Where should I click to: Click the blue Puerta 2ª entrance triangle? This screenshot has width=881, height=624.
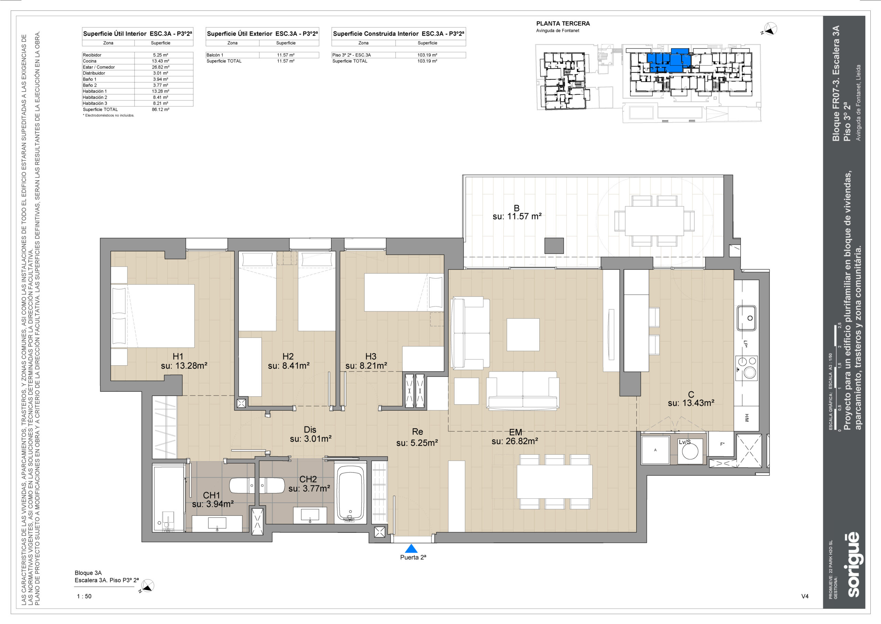(x=411, y=548)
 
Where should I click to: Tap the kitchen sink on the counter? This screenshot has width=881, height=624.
(x=746, y=318)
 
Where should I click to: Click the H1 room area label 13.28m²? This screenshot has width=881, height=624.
(x=184, y=366)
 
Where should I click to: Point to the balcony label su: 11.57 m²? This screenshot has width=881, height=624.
(x=517, y=216)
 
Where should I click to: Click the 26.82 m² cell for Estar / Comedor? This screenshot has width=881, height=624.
(x=160, y=67)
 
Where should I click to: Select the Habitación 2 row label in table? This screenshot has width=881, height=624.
(x=95, y=97)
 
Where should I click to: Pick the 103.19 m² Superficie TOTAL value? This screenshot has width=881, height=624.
(x=427, y=61)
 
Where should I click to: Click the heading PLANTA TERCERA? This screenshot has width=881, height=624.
(x=563, y=23)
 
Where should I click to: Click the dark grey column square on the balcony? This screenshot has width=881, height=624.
(x=554, y=246)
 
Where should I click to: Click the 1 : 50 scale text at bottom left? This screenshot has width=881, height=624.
(x=84, y=596)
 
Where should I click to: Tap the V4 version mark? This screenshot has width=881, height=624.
(x=805, y=596)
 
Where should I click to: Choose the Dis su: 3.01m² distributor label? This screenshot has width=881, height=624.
(x=310, y=434)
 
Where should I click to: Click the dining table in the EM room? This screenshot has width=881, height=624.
(x=554, y=482)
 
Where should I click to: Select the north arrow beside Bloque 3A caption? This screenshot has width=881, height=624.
(x=147, y=586)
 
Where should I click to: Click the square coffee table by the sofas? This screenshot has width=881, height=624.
(x=523, y=334)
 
